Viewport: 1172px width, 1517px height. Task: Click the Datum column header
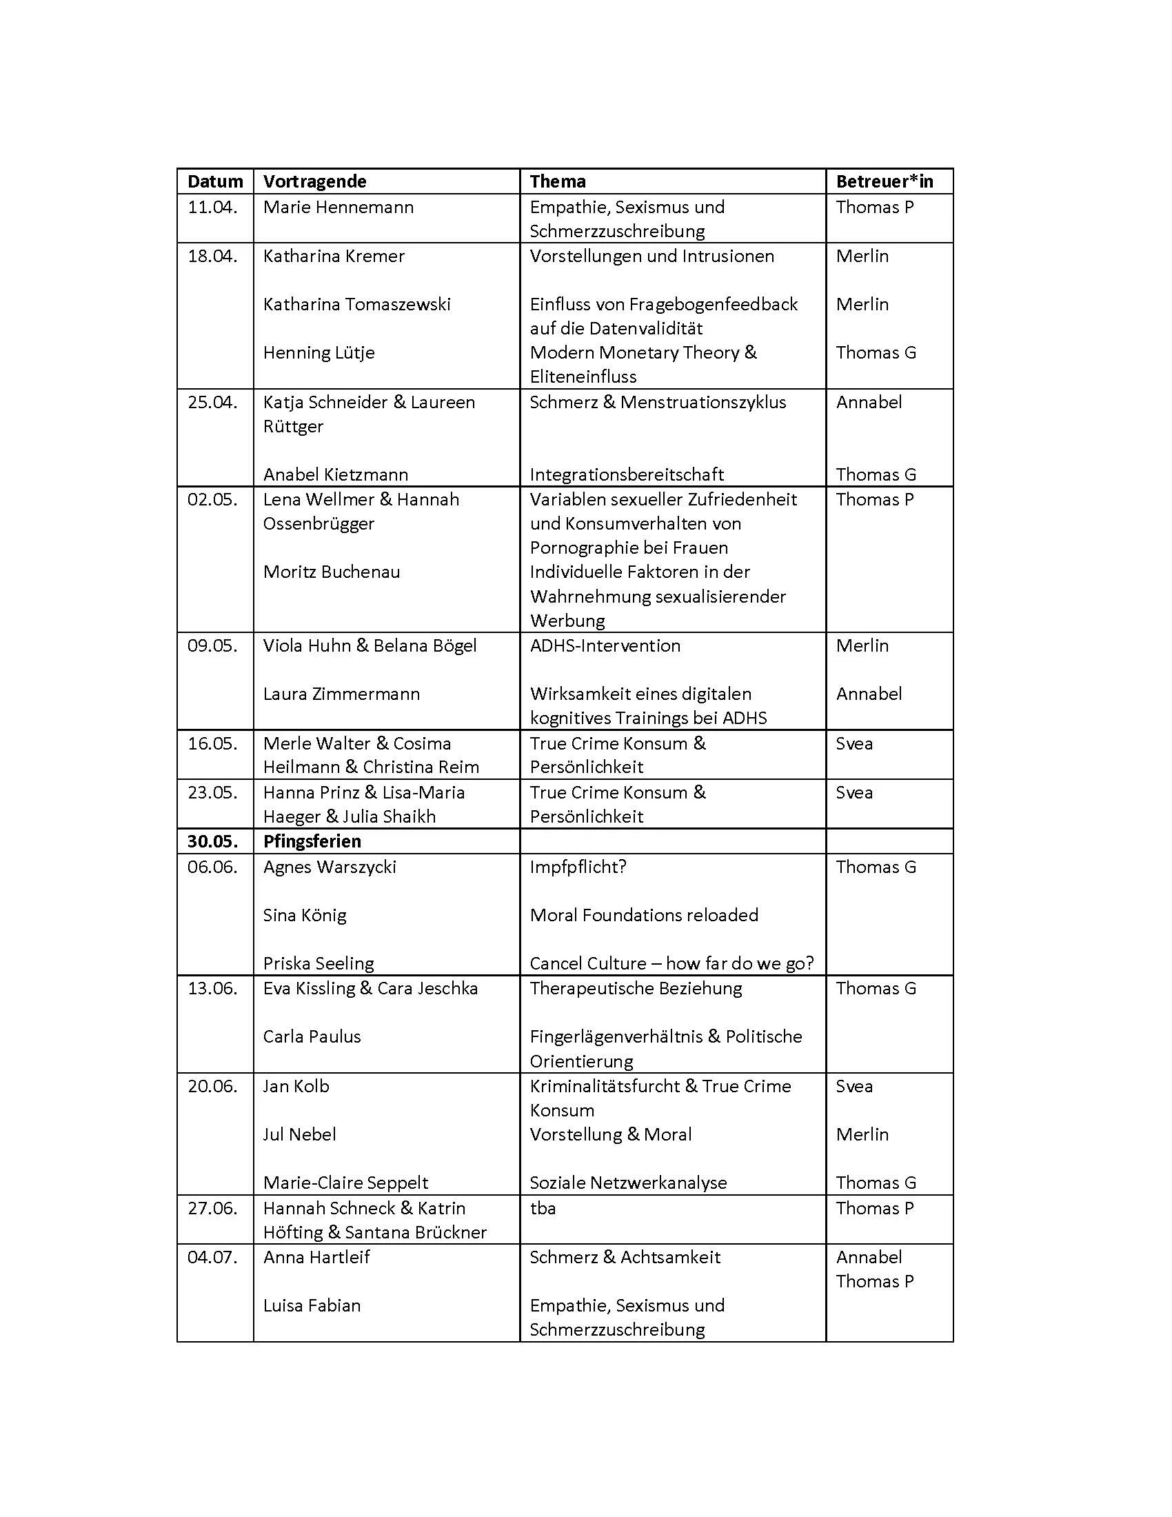click(x=215, y=182)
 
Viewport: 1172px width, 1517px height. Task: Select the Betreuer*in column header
click(x=884, y=182)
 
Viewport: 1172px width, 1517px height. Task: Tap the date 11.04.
click(x=212, y=207)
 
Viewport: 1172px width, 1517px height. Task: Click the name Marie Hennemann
click(x=338, y=207)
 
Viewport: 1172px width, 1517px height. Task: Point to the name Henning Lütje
click(x=319, y=353)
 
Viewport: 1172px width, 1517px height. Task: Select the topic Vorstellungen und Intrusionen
click(x=651, y=257)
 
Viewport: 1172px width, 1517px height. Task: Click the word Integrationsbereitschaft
click(x=626, y=474)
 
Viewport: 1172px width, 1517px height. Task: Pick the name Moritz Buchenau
click(x=331, y=572)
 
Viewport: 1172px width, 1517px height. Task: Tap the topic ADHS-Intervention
click(x=605, y=645)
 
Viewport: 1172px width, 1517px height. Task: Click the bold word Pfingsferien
click(x=312, y=841)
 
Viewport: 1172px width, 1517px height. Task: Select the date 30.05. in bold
click(x=212, y=841)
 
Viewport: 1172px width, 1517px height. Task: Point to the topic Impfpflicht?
click(x=578, y=867)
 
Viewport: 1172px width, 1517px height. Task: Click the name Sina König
click(x=304, y=916)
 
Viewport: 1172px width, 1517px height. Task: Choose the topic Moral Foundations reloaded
click(x=644, y=916)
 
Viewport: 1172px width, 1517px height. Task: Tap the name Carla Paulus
click(x=312, y=1037)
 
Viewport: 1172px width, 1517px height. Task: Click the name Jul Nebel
click(x=299, y=1134)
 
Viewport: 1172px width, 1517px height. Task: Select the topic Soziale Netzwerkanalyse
click(x=627, y=1183)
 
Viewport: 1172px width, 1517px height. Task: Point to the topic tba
click(x=543, y=1208)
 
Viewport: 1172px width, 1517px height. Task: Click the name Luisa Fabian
click(x=312, y=1305)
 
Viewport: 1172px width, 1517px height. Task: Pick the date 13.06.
click(x=212, y=988)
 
